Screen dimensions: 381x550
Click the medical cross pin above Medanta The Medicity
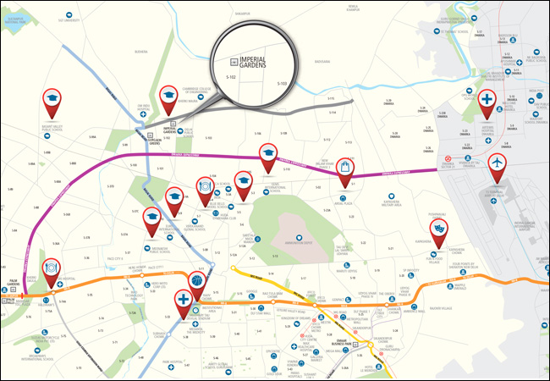point(183,301)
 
